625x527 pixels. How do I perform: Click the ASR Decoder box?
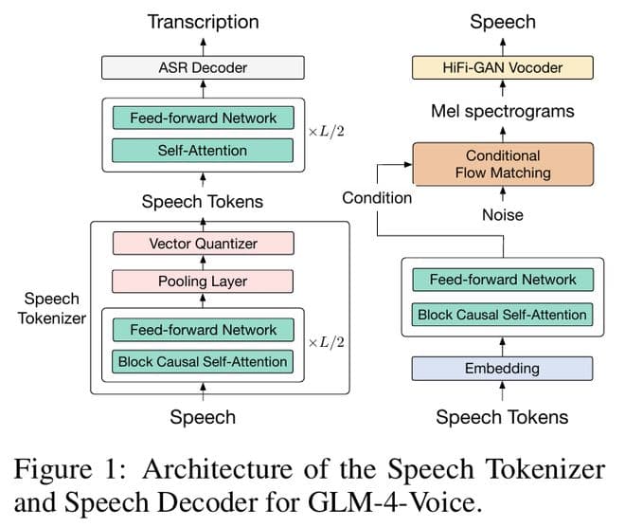click(x=203, y=66)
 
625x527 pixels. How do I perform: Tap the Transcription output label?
click(x=203, y=21)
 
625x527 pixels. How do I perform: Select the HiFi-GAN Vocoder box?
click(x=502, y=67)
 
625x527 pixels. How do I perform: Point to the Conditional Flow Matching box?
click(x=502, y=164)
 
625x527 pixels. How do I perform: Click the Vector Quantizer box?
click(x=203, y=244)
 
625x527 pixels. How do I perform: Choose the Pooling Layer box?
click(x=203, y=282)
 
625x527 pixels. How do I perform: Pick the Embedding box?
click(x=502, y=368)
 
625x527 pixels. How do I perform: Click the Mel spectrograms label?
click(x=502, y=112)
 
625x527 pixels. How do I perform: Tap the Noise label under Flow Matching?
click(x=502, y=215)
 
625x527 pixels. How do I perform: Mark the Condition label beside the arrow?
click(x=377, y=197)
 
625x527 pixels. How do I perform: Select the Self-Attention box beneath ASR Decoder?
click(x=203, y=150)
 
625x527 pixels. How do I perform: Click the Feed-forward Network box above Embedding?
click(x=502, y=280)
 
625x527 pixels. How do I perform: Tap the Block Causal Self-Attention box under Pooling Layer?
click(x=203, y=361)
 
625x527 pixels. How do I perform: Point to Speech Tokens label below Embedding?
click(x=502, y=417)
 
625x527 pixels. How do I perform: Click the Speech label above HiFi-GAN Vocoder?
click(x=502, y=21)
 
